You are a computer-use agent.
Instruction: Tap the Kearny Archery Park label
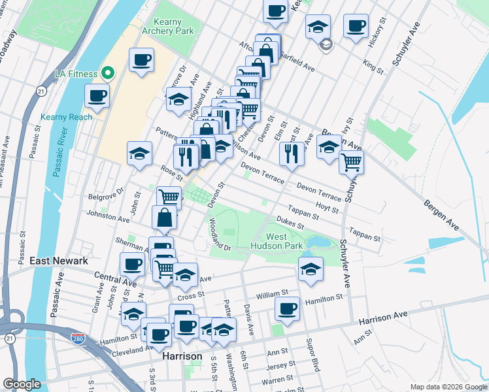[x=169, y=26]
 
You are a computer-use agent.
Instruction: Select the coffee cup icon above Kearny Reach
[x=97, y=96]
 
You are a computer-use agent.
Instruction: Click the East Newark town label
[x=59, y=261]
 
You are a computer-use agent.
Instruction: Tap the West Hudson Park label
[x=277, y=241]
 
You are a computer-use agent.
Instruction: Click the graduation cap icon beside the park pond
[x=311, y=268]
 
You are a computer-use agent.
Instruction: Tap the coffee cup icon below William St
[x=286, y=308]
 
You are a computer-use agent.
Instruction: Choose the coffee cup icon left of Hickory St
[x=356, y=26]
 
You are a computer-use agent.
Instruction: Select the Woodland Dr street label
[x=220, y=234]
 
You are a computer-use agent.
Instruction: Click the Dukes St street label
[x=290, y=223]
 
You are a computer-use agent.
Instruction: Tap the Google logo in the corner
[x=22, y=384]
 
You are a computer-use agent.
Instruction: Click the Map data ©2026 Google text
[x=448, y=387]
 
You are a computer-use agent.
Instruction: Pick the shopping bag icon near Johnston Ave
[x=165, y=218]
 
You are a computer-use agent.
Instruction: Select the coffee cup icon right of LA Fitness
[x=142, y=61]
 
